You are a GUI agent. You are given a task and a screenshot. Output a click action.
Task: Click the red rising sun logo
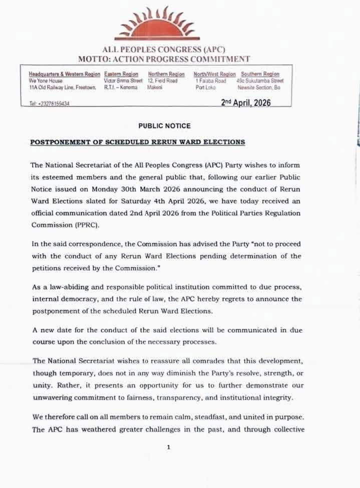(157, 25)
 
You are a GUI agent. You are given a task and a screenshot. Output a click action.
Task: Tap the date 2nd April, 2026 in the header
(246, 103)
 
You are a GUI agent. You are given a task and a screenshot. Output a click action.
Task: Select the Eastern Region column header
(121, 74)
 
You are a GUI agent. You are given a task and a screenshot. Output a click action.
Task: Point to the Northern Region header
(166, 74)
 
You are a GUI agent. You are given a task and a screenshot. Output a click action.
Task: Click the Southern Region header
(260, 74)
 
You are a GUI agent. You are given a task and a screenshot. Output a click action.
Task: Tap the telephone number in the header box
(49, 104)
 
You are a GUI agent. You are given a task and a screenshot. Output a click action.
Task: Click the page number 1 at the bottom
(169, 447)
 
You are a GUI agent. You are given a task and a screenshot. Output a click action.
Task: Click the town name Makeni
(154, 87)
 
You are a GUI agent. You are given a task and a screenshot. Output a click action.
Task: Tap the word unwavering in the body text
(54, 397)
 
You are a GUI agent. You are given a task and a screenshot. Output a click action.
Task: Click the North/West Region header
(214, 74)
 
